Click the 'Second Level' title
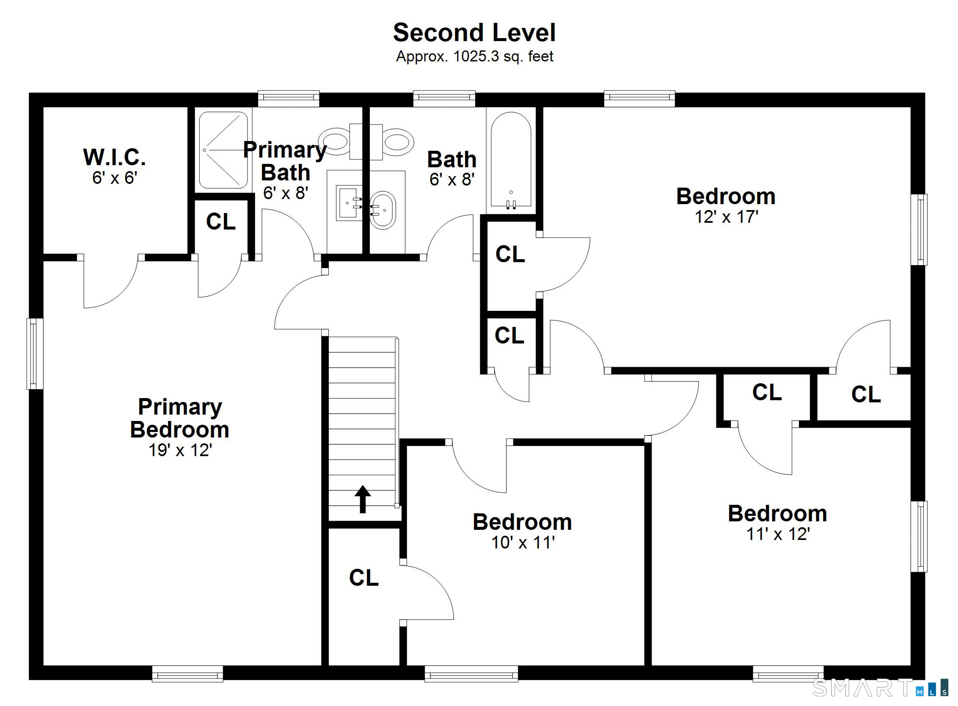click(474, 33)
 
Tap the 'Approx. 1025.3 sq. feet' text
click(474, 56)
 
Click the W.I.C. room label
click(114, 157)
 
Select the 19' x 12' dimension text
click(180, 451)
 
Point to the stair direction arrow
click(363, 499)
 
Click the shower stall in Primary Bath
click(223, 150)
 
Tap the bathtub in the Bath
click(511, 160)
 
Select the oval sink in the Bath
click(383, 210)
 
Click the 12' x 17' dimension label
click(726, 217)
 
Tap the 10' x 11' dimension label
click(523, 543)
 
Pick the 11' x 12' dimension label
click(778, 534)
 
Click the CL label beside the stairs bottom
click(364, 578)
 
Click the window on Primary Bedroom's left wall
click(35, 354)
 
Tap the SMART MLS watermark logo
click(879, 688)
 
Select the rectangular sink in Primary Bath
click(348, 202)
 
